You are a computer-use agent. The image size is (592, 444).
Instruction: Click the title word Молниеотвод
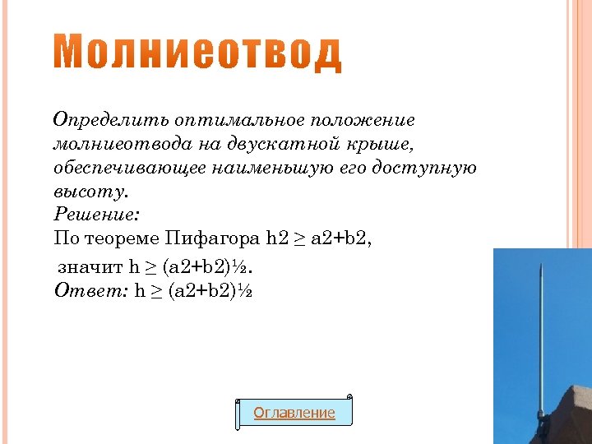(x=198, y=54)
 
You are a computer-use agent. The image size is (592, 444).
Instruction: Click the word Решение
(x=97, y=215)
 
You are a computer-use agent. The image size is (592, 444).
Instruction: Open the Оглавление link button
(x=294, y=413)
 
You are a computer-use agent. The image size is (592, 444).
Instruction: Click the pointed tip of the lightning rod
(x=539, y=266)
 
